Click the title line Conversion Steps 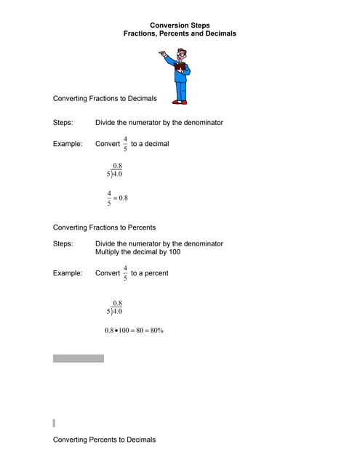(180, 25)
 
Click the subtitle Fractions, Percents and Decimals (180, 33)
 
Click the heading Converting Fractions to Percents (104, 227)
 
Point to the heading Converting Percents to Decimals (104, 440)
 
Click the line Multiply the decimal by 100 (137, 252)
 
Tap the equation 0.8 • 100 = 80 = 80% (134, 331)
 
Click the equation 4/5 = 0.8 (117, 198)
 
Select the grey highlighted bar (78, 358)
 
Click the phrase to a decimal (150, 144)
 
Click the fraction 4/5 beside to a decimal (125, 144)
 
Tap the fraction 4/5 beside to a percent (125, 273)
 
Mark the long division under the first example (114, 171)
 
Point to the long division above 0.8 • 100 (114, 307)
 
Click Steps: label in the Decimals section (63, 122)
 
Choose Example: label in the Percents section (67, 273)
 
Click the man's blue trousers (180, 90)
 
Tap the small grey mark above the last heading (54, 422)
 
